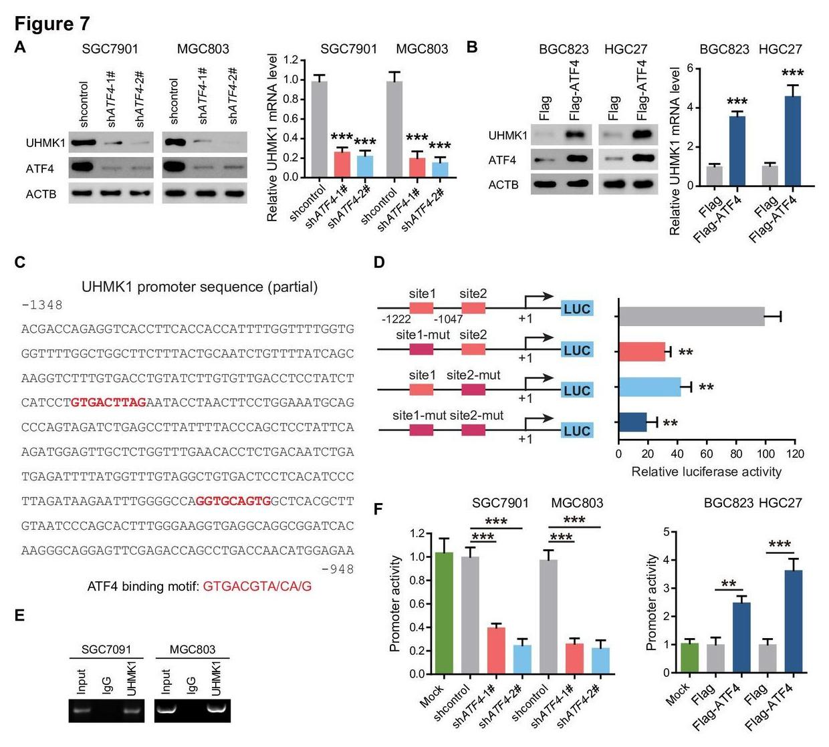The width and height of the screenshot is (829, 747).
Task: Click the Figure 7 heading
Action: point(52,24)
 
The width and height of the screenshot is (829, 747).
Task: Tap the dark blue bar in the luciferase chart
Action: point(632,422)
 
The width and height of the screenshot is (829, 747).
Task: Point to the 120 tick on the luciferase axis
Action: point(795,454)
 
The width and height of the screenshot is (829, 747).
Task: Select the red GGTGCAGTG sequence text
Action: point(233,500)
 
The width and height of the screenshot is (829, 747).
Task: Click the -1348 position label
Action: point(42,305)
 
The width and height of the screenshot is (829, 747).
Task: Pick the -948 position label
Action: point(338,569)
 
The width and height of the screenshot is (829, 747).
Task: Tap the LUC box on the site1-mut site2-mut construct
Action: point(576,431)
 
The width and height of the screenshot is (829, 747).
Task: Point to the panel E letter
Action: point(19,615)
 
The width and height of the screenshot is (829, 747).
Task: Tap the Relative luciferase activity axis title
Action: point(706,472)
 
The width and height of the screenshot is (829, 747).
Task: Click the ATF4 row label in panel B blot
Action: point(502,160)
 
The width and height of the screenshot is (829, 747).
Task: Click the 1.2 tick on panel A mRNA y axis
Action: point(290,60)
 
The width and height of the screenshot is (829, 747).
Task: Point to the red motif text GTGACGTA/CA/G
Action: point(257,587)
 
